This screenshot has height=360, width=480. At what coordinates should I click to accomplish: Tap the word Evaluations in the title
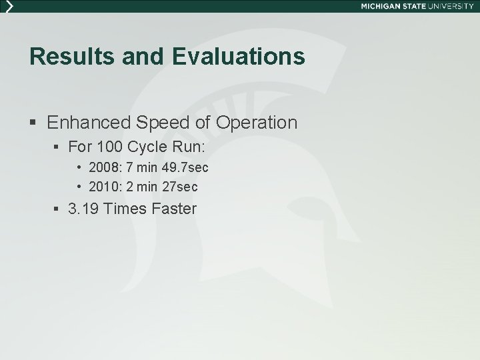coord(239,57)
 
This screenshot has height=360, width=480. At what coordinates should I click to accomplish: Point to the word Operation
coord(258,123)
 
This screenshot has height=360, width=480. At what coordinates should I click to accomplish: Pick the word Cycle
coord(153,146)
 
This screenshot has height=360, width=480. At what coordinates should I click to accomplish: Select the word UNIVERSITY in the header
coord(453,6)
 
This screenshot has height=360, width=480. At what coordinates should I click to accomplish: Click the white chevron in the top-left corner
coord(9,6)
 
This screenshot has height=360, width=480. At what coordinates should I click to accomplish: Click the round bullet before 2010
coord(79,187)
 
